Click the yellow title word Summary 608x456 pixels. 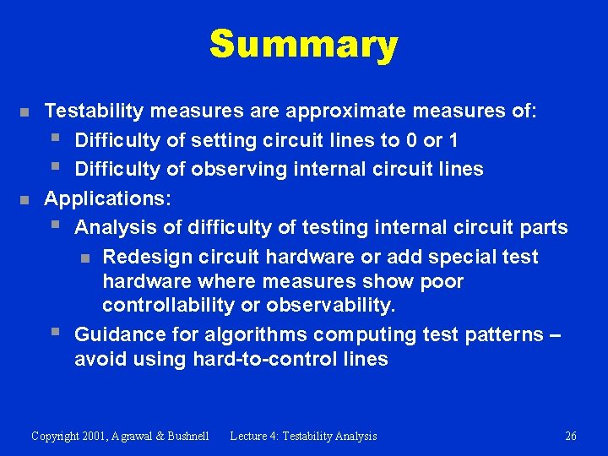coord(303,45)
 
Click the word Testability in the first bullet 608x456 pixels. coord(92,111)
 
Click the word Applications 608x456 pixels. coord(106,198)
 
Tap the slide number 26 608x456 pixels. coord(571,436)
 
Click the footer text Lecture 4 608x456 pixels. coord(253,436)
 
